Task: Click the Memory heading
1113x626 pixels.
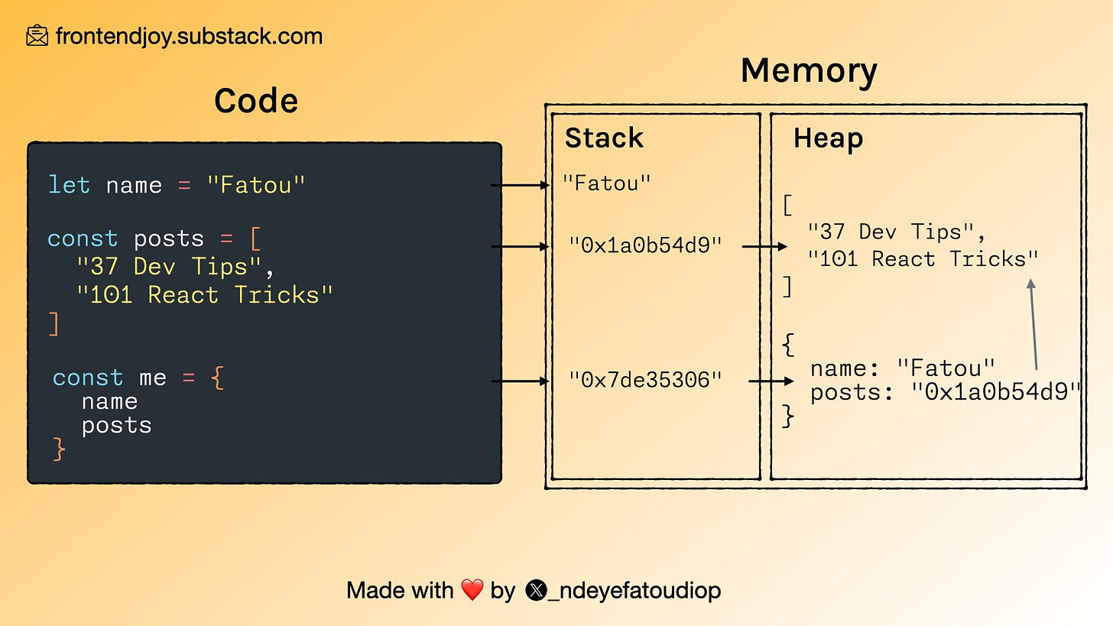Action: pos(809,71)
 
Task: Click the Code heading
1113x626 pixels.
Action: pos(256,100)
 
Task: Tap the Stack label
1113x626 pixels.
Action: pos(604,138)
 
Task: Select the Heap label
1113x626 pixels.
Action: pos(828,138)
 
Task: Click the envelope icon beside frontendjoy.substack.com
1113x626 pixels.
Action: pos(37,36)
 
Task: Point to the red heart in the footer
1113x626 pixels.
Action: pos(472,590)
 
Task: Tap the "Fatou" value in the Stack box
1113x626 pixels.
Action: pos(607,183)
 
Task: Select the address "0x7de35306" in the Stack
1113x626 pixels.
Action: pos(645,379)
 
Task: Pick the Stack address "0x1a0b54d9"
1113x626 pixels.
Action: pos(645,245)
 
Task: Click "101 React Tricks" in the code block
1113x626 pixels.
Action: pos(204,295)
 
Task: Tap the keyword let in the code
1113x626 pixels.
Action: pos(69,185)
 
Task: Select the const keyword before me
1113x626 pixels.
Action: pos(87,378)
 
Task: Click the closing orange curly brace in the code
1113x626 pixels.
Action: pos(59,449)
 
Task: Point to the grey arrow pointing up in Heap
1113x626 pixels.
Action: pos(1033,325)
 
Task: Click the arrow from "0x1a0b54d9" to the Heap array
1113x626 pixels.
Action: pos(764,247)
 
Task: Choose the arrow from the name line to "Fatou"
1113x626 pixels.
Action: pos(520,185)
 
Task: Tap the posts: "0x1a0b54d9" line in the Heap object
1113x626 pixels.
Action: pos(946,392)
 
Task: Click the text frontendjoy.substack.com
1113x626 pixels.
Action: pos(189,36)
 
